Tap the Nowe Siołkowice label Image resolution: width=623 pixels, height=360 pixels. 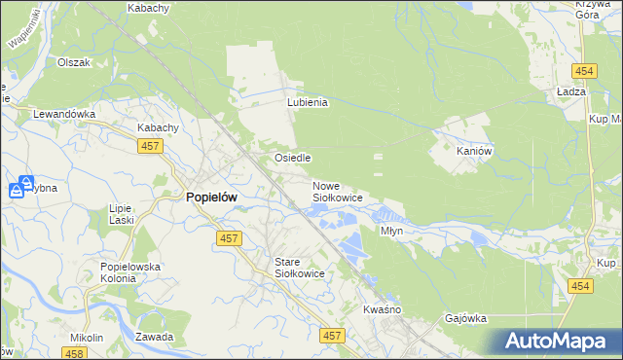pos(338,192)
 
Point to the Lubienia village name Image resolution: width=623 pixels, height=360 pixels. pos(307,102)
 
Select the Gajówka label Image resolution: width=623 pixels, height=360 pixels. pos(464,318)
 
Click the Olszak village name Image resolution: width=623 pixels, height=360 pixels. pos(74,62)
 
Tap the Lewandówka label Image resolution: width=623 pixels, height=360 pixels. pos(64,114)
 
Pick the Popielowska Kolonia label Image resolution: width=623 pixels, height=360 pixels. pos(130,272)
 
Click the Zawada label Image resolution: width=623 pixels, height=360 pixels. pos(155,337)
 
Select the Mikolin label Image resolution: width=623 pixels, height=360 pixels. pos(87,338)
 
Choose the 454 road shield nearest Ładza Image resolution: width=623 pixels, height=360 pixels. pos(584,72)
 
